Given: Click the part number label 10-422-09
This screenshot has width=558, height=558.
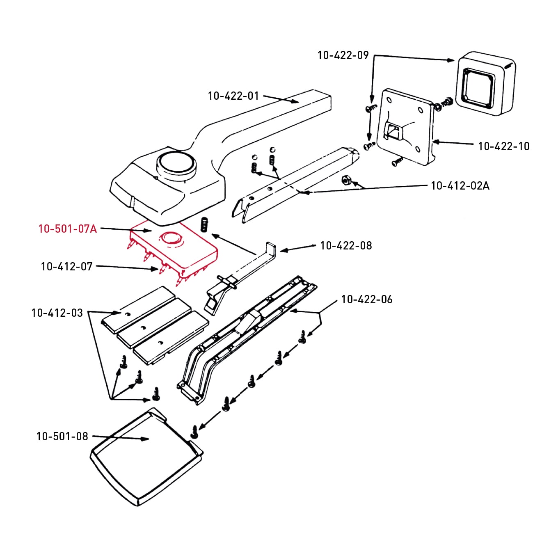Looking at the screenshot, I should [x=343, y=55].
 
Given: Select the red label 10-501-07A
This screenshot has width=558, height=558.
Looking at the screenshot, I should [x=68, y=229].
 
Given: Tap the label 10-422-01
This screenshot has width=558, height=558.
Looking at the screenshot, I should [x=233, y=96].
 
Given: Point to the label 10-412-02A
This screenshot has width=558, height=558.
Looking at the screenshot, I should [x=460, y=186].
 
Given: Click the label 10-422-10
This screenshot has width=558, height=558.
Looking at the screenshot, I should [x=503, y=146].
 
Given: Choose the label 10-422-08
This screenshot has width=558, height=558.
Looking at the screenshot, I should [x=346, y=246].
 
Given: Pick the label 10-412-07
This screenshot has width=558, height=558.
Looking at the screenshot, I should [x=67, y=267].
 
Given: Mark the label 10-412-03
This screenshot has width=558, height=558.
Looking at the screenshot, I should [x=57, y=313].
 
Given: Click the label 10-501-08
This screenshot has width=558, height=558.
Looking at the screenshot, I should [x=62, y=437].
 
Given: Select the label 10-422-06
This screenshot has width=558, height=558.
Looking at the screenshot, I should [x=367, y=300].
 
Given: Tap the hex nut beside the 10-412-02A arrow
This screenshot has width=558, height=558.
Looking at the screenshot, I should [x=345, y=180].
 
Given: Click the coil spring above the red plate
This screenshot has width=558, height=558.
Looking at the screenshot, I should [x=204, y=225].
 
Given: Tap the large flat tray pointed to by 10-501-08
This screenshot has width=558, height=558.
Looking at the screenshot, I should [x=146, y=457].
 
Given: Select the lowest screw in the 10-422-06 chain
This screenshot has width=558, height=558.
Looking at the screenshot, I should [x=194, y=431].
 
